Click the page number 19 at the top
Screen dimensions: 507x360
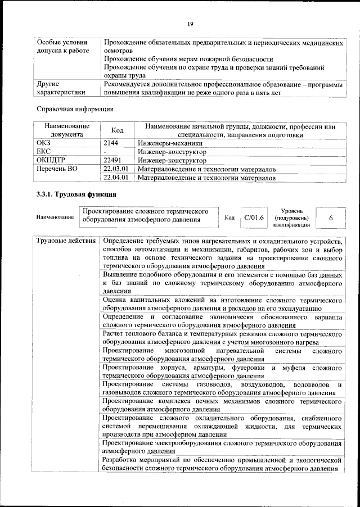point(191,23)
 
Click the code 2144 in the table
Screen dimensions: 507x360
point(111,143)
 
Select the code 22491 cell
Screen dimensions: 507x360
point(112,160)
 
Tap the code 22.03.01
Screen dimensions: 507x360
point(116,169)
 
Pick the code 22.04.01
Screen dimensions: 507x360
point(116,178)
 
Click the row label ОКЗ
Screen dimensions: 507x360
point(44,143)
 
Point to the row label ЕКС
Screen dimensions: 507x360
point(44,152)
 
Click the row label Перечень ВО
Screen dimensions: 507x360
point(57,169)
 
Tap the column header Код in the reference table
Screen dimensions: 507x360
point(118,130)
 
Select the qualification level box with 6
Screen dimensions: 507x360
point(331,218)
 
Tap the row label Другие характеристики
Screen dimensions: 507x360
point(61,88)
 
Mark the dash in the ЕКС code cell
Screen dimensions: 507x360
point(105,152)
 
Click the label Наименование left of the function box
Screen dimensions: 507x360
point(55,218)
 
